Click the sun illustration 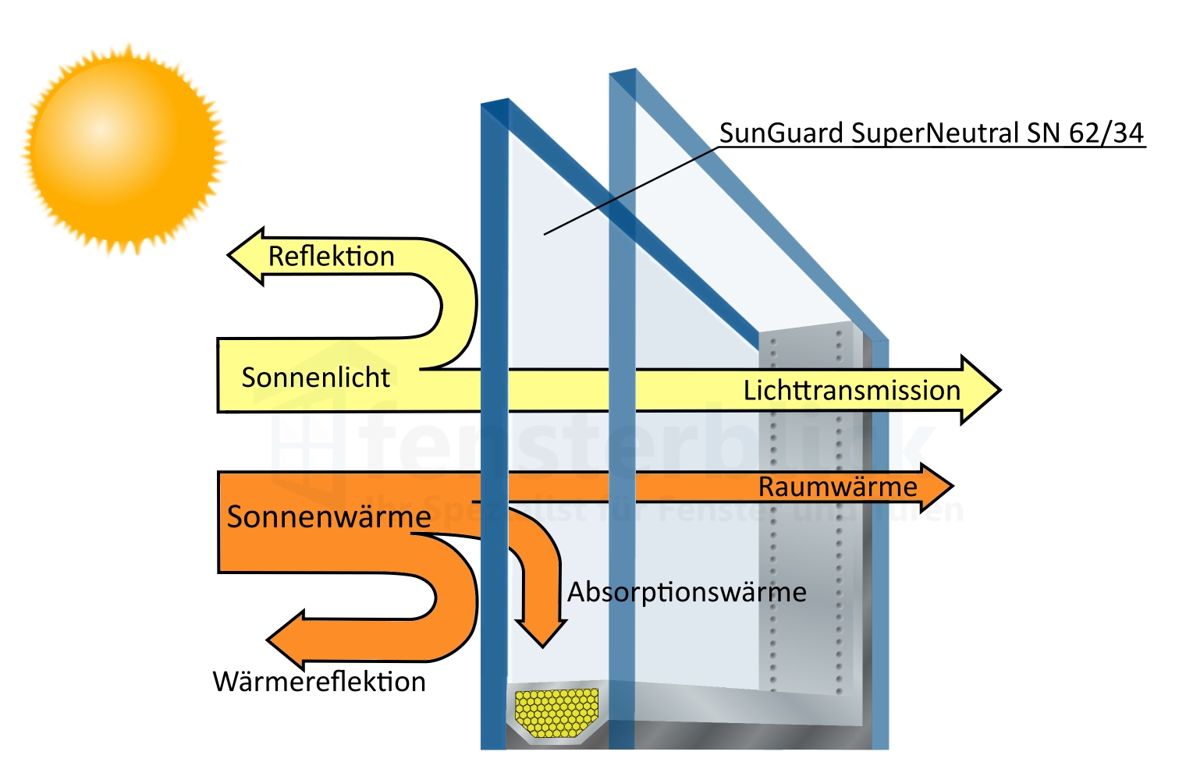click(123, 148)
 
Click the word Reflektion click(331, 257)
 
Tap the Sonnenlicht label click(315, 378)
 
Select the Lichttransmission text click(851, 390)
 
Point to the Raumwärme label click(837, 487)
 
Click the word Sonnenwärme click(328, 516)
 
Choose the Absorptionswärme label click(687, 592)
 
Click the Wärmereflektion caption click(319, 682)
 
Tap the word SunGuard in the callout click(781, 133)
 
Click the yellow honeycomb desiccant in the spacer click(556, 712)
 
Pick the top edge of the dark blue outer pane click(495, 102)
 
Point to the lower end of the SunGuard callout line click(545, 233)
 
